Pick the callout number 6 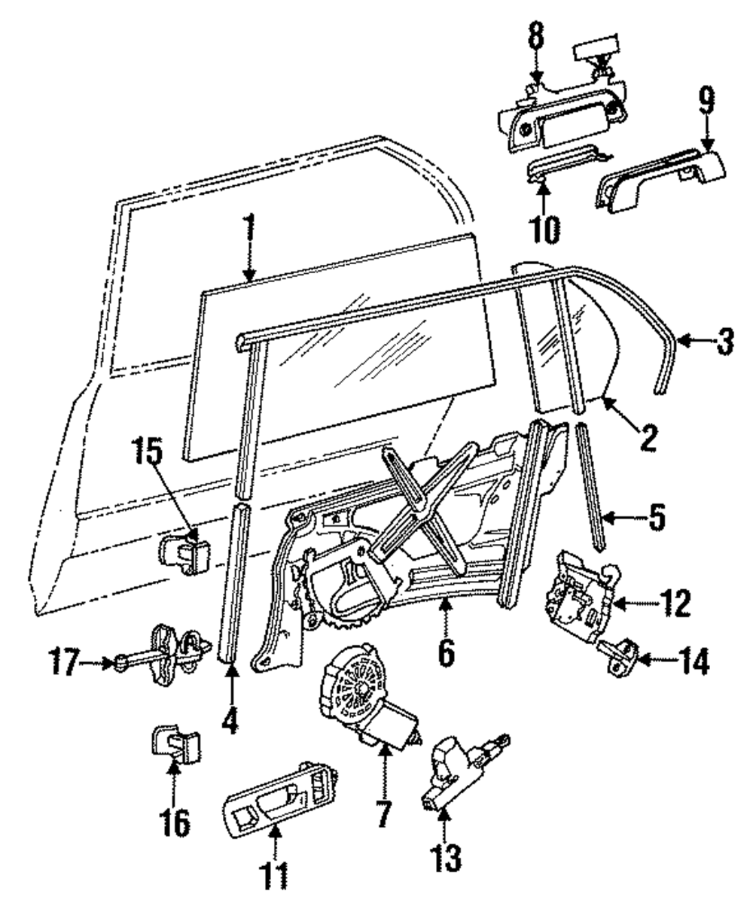point(446,652)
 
